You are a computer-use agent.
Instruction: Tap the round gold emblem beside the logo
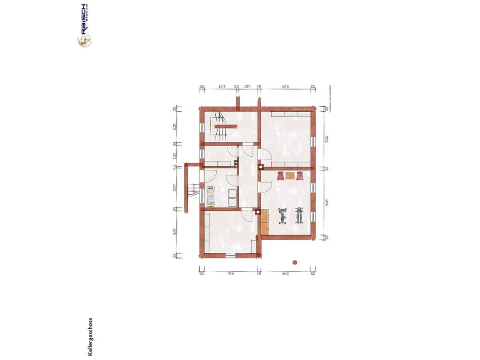[x=84, y=41]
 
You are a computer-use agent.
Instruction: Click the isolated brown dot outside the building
[x=295, y=262]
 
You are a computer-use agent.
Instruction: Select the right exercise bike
[x=299, y=215]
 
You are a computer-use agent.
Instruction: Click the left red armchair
[x=279, y=176]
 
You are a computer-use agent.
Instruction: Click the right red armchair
[x=300, y=176]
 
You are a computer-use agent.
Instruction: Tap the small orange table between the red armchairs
[x=290, y=176]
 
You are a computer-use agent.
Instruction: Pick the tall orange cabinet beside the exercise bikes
[x=265, y=223]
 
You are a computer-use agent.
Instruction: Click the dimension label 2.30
[x=174, y=126]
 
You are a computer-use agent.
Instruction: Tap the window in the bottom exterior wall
[x=232, y=254]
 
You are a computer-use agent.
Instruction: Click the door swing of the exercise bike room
[x=264, y=187]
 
